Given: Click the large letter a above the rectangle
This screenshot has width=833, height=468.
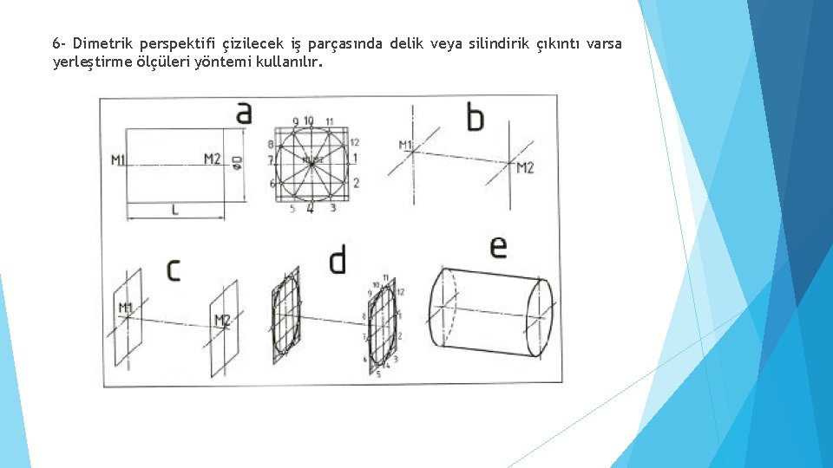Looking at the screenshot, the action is click(244, 114).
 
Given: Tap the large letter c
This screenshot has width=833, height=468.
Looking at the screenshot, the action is click(174, 270).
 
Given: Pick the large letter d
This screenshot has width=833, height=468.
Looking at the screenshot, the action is click(338, 260).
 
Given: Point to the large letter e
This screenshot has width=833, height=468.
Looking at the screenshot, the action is click(498, 247).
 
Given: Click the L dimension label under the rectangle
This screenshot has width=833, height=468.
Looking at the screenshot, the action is click(174, 209).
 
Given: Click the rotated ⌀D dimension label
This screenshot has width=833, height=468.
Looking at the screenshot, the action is click(238, 162).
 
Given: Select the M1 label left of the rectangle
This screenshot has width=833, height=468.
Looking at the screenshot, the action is click(119, 159).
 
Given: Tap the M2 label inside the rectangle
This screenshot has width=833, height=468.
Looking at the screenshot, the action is click(213, 159).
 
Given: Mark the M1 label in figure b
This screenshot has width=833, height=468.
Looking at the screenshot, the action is click(405, 144).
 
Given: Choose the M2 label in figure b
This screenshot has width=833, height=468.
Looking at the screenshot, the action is click(525, 167).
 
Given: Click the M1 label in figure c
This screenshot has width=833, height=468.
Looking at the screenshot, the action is click(126, 308).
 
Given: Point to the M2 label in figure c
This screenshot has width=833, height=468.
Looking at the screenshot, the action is click(222, 321).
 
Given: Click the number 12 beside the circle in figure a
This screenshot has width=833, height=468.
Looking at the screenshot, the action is click(355, 142).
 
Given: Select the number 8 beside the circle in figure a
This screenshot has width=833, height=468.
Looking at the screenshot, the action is click(271, 144).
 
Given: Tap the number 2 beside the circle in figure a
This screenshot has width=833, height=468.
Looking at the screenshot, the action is click(356, 182).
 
